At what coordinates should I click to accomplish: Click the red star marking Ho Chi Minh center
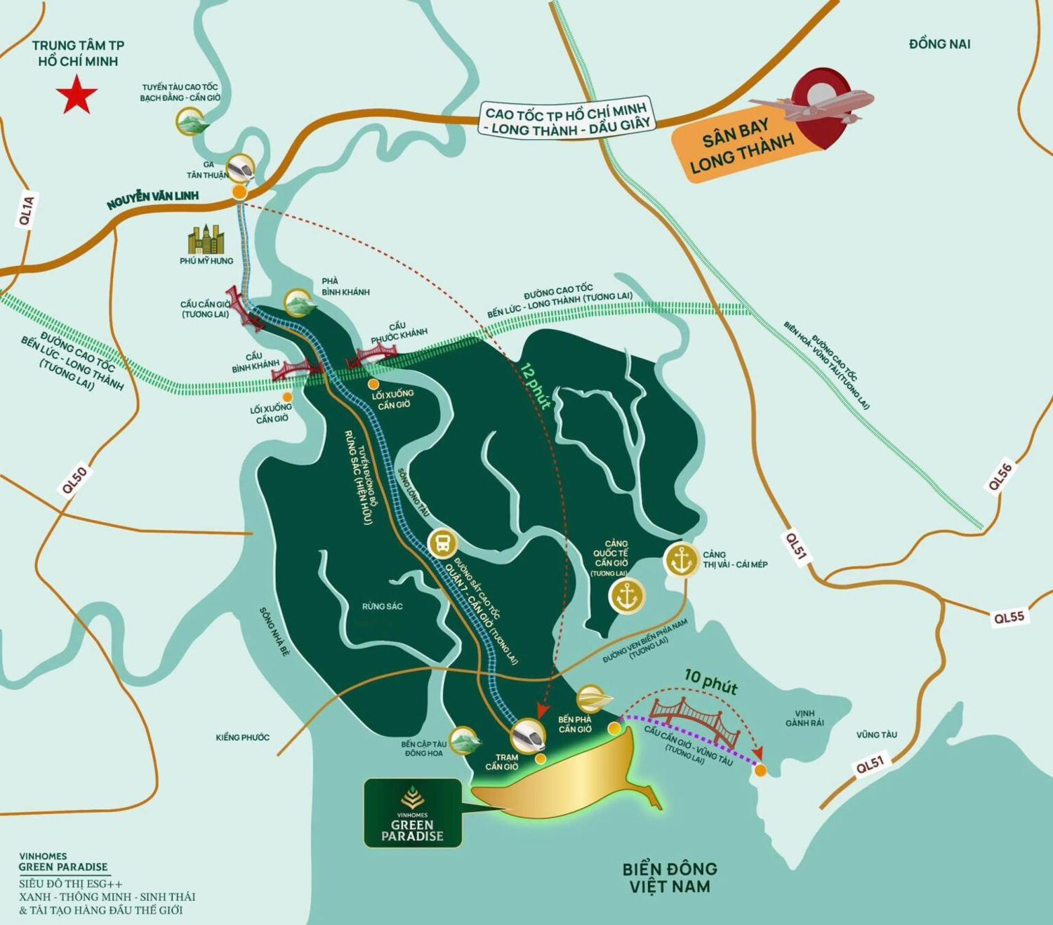[x=77, y=96]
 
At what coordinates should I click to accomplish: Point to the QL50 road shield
[x=74, y=481]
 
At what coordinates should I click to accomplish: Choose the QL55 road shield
[x=1009, y=618]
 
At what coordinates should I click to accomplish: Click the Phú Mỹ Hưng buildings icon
[x=206, y=240]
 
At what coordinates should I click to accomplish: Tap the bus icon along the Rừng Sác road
[x=443, y=543]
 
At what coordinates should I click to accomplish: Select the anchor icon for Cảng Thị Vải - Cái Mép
[x=681, y=560]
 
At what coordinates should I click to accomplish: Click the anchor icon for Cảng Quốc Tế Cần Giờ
[x=626, y=596]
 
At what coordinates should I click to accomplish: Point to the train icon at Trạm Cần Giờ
[x=529, y=736]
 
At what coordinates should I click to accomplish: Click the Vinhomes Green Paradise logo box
[x=413, y=813]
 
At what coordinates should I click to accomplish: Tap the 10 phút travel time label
[x=710, y=681]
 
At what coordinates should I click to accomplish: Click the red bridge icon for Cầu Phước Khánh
[x=373, y=356]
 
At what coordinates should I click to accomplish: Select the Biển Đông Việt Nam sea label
[x=669, y=878]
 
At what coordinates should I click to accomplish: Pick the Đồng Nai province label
[x=939, y=44]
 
